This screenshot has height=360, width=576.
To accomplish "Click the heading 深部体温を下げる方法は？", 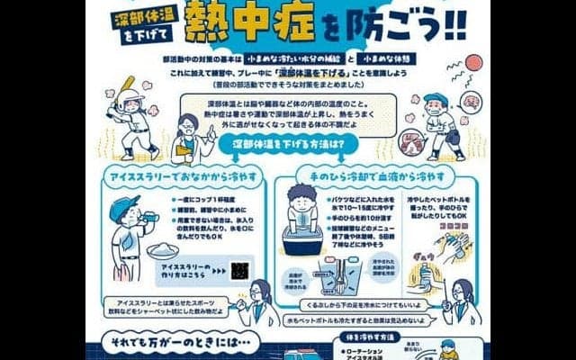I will pos(286,143).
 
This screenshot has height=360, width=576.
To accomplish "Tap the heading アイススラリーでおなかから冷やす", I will pos(184,169).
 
